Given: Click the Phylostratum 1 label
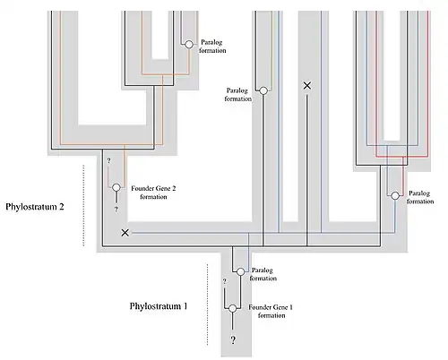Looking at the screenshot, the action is tap(159, 306).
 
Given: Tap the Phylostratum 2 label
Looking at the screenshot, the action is tap(35, 207).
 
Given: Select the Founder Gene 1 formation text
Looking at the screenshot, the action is tap(271, 312).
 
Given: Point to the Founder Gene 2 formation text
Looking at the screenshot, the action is tap(153, 193).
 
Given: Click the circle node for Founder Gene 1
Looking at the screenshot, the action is tap(233, 308).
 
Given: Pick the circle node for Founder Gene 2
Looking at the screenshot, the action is tap(116, 187).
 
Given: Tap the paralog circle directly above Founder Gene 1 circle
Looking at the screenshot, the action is tap(240, 271).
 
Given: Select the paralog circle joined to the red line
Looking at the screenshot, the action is tap(395, 195).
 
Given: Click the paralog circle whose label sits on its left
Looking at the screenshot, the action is tap(263, 90).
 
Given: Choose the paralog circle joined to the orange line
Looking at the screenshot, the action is tap(189, 45).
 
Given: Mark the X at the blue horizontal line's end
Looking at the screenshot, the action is tap(125, 233).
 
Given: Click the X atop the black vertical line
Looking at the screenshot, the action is tap(307, 86).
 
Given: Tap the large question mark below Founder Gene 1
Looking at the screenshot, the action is tap(233, 339).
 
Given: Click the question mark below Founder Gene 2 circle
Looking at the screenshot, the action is tap(116, 210).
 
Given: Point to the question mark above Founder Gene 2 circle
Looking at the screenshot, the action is tap(108, 161).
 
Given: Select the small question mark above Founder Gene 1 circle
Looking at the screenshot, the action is tap(224, 281).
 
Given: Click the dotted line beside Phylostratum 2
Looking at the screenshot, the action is tap(83, 205).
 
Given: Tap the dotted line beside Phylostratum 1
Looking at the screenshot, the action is tap(208, 304).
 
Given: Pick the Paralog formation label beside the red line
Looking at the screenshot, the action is tap(420, 197).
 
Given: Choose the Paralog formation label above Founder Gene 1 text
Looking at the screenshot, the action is tap(263, 274).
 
